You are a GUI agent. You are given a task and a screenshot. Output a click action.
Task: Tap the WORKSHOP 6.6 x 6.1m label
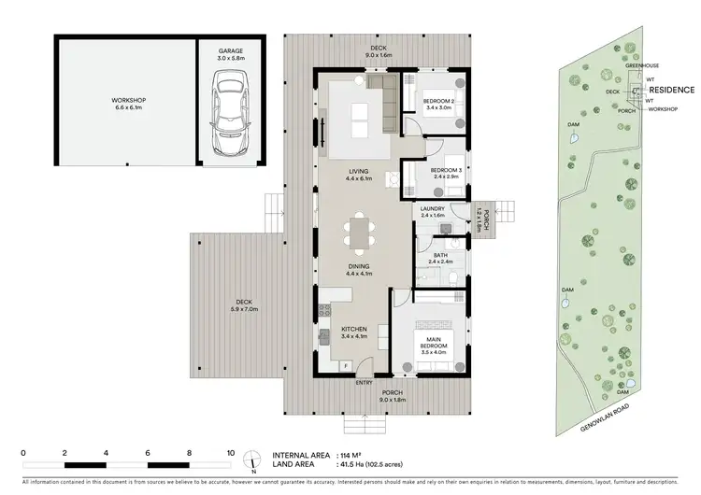tap(125, 104)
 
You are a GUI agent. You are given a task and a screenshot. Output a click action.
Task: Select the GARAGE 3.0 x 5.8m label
tap(230, 54)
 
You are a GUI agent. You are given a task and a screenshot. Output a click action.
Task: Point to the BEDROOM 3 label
tap(445, 170)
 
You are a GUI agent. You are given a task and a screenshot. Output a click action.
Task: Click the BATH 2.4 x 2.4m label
tap(438, 259)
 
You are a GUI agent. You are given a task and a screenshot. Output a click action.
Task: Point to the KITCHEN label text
tap(352, 329)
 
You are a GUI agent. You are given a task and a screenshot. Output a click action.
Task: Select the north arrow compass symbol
tap(252, 459)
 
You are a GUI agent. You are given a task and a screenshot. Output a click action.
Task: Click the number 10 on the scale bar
tap(230, 451)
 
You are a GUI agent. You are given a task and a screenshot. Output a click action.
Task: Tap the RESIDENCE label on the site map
tap(672, 90)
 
